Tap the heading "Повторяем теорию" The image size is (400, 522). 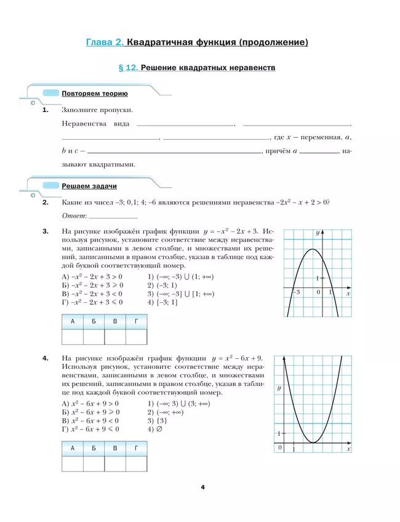tap(94, 94)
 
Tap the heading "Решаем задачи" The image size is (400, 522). tap(89, 186)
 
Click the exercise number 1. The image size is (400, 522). tap(45, 110)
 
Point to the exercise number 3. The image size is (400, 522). tap(45, 231)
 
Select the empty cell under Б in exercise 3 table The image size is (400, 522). tap(94, 337)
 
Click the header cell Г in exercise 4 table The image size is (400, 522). tap(136, 448)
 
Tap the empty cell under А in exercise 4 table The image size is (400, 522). tap(73, 465)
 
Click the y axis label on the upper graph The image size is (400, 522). tap(318, 233)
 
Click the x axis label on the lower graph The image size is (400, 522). tap(348, 450)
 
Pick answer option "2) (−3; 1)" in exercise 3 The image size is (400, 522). tap(162, 286)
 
